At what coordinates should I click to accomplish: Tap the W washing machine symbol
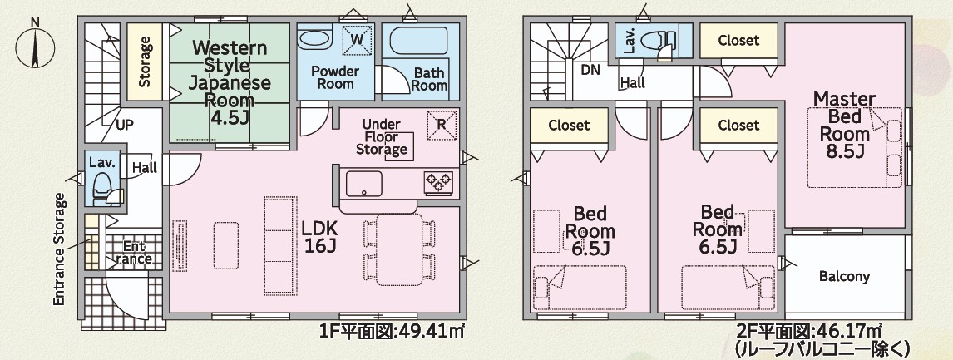click(357, 40)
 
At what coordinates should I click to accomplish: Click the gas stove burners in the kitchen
click(438, 181)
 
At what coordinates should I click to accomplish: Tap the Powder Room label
click(335, 77)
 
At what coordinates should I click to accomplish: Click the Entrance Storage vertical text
click(59, 249)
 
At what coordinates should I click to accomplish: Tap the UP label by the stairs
click(125, 126)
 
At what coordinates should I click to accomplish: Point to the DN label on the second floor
click(590, 70)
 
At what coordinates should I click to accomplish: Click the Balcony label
click(844, 277)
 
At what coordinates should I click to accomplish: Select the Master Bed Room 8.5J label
click(844, 125)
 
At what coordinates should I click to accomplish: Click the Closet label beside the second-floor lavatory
click(738, 41)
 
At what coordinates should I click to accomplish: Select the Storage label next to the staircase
click(145, 62)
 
